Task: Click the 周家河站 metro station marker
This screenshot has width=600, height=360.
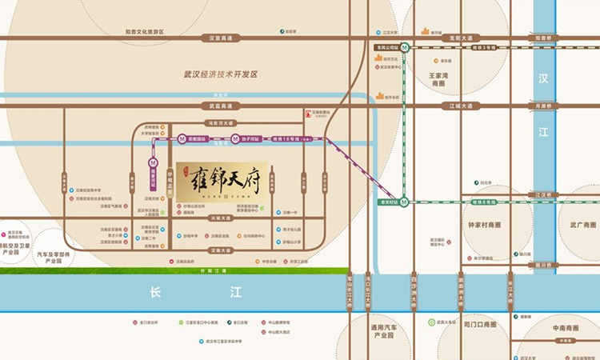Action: [152, 160]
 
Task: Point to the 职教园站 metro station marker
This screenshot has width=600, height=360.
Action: [182, 138]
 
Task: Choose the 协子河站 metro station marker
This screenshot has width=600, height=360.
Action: [235, 138]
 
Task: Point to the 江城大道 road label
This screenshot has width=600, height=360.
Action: [462, 106]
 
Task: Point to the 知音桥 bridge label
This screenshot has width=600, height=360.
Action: [544, 38]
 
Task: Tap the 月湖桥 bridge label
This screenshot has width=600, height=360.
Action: [544, 106]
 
